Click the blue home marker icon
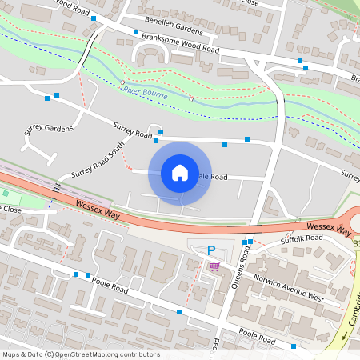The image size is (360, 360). click(180, 173)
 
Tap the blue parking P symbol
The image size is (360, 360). click(211, 250)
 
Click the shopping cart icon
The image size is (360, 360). click(214, 267)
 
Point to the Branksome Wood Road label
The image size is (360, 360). click(179, 43)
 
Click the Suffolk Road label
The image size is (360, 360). click(300, 239)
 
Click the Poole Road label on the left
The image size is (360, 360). click(108, 286)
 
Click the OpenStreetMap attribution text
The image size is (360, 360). click(81, 354)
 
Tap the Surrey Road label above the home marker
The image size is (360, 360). click(132, 130)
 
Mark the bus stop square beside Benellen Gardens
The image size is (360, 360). click(94, 18)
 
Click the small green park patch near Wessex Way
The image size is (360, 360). click(7, 194)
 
